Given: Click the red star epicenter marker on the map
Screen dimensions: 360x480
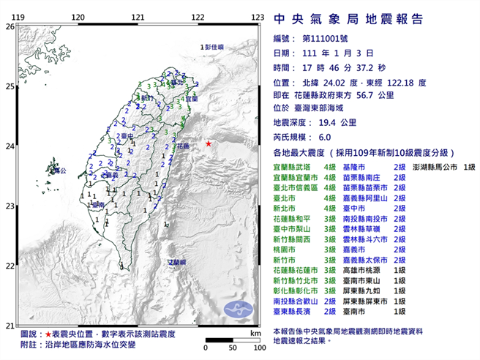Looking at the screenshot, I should click(209, 143).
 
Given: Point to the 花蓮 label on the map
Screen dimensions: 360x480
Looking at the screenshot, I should click(182, 146).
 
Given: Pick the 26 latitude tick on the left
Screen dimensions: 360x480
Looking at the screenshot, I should click(10, 26).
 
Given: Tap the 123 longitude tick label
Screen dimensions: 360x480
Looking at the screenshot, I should click(258, 16).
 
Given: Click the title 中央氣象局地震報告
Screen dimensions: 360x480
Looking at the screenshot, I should click(347, 19).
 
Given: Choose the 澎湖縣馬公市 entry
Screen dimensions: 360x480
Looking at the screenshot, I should click(434, 168).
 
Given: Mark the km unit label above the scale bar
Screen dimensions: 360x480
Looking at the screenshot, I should click(254, 333).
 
